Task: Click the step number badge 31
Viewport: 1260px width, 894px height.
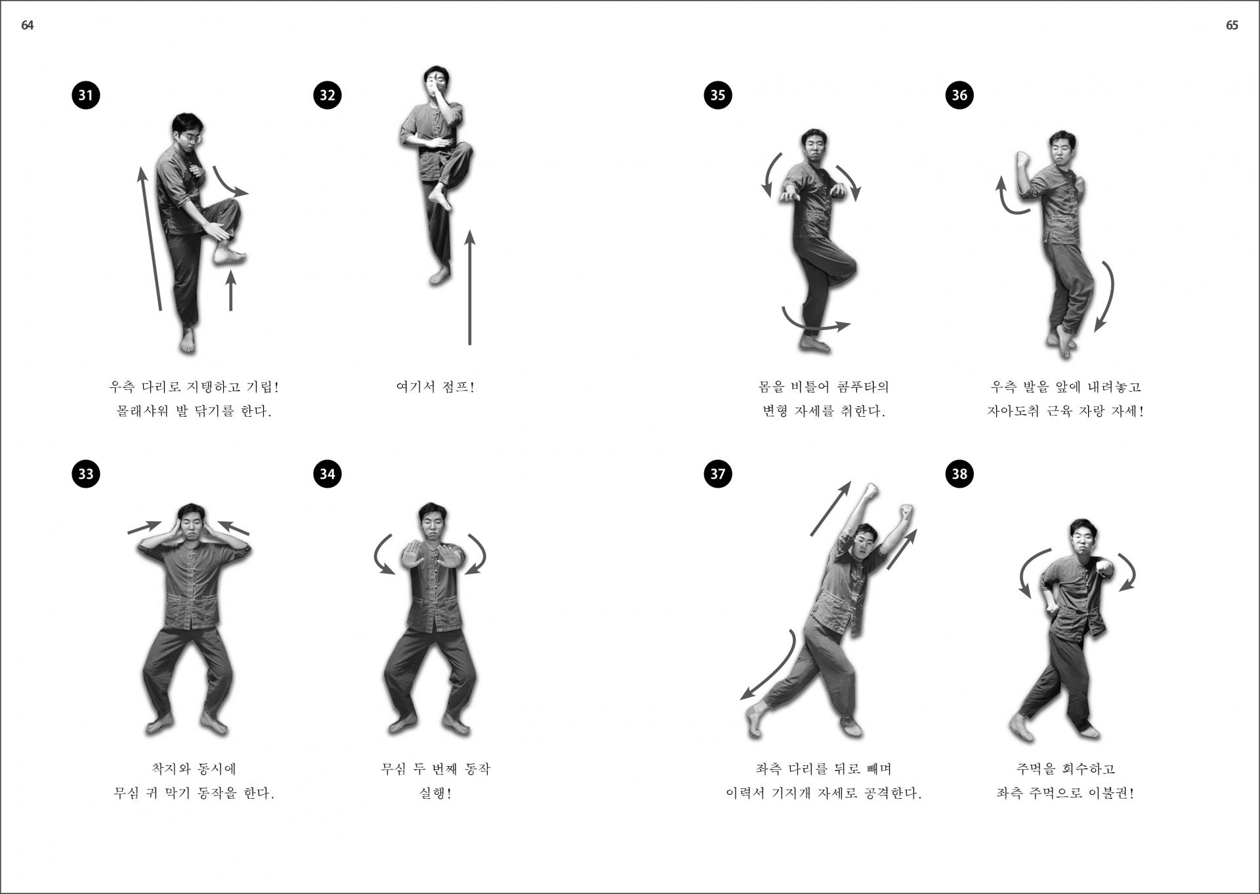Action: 86,95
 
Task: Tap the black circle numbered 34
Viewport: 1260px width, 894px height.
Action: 327,473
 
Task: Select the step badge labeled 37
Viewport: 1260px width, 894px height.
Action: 718,473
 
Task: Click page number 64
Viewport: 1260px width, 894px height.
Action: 28,25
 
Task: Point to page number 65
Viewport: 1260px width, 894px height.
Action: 1232,25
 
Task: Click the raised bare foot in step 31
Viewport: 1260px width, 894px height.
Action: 229,253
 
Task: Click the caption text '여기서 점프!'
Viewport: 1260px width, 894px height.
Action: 435,387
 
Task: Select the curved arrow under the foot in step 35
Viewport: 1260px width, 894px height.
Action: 815,324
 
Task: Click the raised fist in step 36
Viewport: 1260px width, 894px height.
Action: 1022,160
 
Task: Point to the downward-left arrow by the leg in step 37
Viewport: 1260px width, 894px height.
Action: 769,666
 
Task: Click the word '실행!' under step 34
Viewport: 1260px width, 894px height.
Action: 435,793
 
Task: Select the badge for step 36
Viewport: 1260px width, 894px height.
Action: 959,95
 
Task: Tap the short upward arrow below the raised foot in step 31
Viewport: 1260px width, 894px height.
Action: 230,290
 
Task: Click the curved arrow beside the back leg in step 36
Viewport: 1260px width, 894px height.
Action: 1106,295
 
